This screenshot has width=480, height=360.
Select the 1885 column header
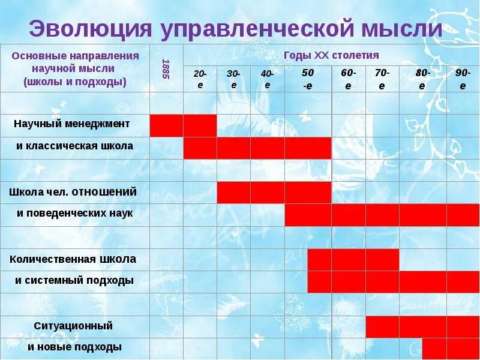(x=166, y=68)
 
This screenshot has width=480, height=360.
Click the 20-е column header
(x=200, y=79)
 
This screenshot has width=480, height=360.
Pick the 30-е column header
(x=233, y=79)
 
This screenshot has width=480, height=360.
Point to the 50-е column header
(x=308, y=79)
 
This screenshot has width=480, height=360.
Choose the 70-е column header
(x=382, y=79)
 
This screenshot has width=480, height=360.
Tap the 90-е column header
(x=463, y=79)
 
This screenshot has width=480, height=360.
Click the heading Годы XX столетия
(x=331, y=55)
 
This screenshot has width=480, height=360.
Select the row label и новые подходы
(x=74, y=347)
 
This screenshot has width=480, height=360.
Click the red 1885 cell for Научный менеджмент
(x=166, y=125)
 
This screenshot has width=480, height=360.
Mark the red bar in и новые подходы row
(x=451, y=349)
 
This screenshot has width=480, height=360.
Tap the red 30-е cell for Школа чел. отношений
(x=233, y=193)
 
